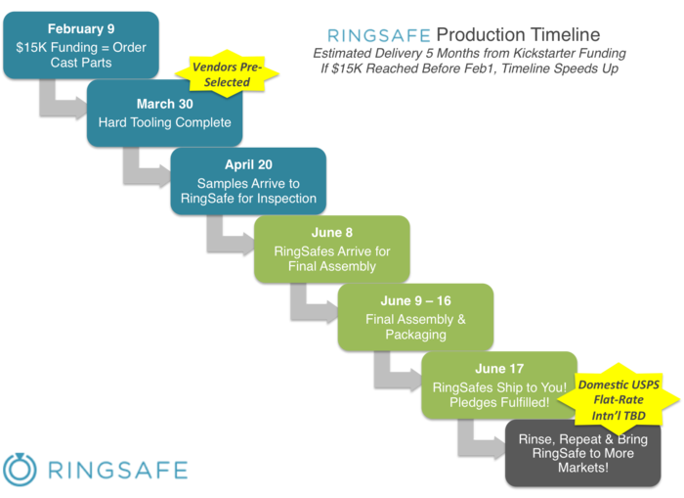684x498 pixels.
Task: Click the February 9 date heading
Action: [80, 29]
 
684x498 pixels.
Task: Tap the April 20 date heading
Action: [248, 165]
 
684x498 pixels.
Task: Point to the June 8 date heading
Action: [332, 233]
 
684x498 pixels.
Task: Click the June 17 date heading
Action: [498, 368]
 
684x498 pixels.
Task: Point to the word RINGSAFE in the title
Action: [378, 36]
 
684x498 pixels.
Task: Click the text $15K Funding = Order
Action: [80, 48]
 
